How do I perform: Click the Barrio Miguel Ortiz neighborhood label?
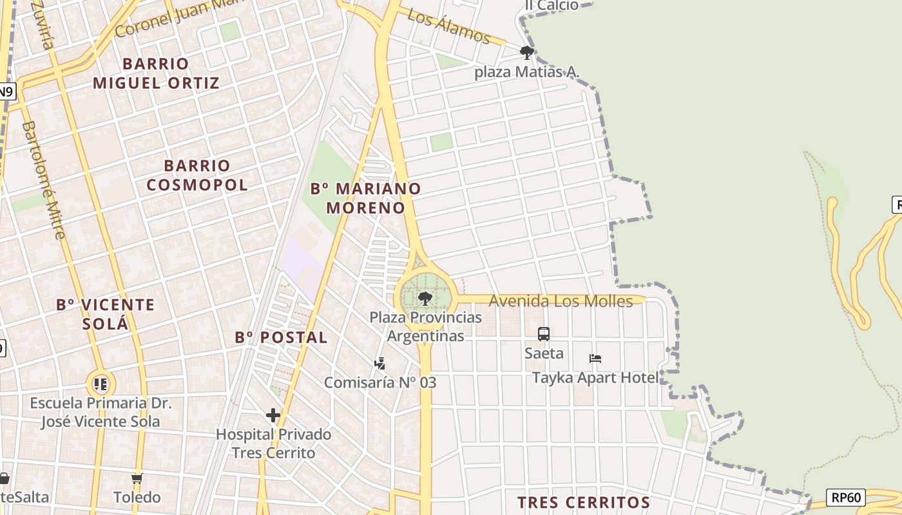tap(157, 73)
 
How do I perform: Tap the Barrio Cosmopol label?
tap(197, 175)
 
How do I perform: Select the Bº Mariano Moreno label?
tap(366, 198)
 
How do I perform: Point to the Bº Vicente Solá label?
tap(106, 314)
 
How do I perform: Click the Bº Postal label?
tap(282, 337)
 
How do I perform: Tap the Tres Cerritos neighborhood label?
tap(584, 502)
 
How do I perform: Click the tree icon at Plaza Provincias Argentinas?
tap(425, 298)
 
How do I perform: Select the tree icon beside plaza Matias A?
tap(527, 52)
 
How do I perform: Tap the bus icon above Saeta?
tap(544, 334)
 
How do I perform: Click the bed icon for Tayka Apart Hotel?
tap(595, 359)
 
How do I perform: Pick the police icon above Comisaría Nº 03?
tap(380, 364)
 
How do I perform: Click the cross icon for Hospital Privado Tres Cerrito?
tap(273, 415)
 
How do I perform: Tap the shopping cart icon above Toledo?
tap(137, 479)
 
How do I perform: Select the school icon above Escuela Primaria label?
tap(101, 384)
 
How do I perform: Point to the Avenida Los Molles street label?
tap(561, 301)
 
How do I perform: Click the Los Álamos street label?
tap(449, 28)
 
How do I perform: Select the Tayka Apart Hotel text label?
tap(595, 378)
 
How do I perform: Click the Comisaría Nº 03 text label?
tap(380, 382)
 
